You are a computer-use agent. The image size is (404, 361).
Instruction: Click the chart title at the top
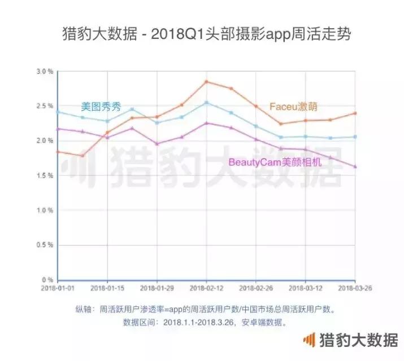(x=202, y=35)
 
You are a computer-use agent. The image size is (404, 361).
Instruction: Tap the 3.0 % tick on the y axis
(x=45, y=72)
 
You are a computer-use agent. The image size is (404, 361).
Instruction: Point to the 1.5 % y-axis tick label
(x=45, y=175)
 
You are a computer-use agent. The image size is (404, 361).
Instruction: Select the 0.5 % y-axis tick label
(x=45, y=245)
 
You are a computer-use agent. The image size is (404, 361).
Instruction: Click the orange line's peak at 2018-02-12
(x=206, y=82)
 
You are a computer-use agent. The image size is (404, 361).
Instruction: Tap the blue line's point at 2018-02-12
(x=206, y=103)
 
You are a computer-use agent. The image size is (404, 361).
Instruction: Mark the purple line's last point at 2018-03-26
(x=355, y=166)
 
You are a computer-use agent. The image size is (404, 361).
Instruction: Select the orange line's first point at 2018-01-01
(x=58, y=151)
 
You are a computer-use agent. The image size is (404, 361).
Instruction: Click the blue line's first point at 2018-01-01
(x=58, y=112)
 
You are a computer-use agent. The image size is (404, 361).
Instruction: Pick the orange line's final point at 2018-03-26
(x=355, y=113)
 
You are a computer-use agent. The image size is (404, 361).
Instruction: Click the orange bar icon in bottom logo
(x=309, y=340)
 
